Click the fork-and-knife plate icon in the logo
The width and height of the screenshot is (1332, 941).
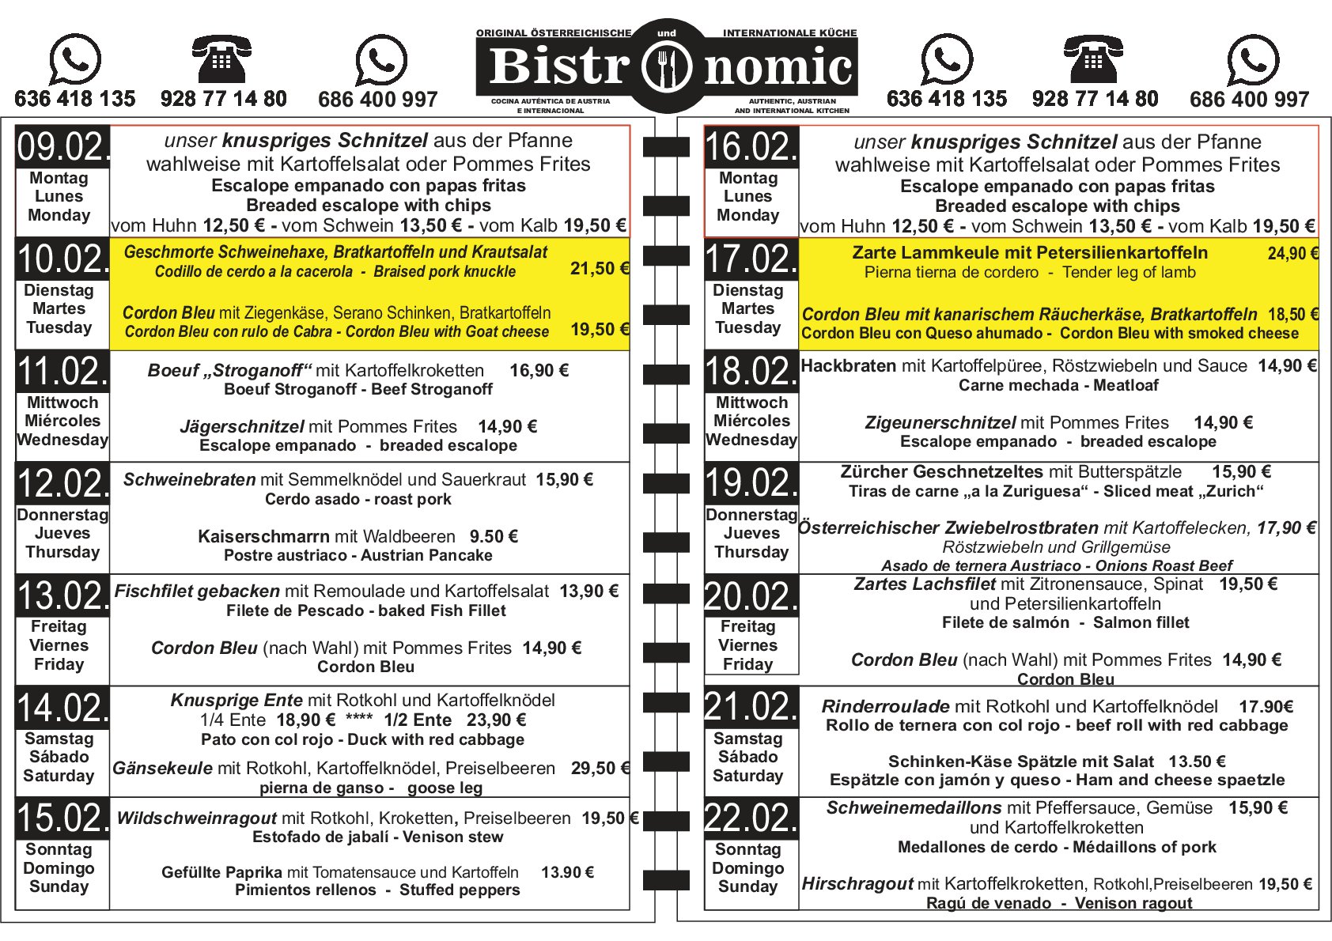pos(667,67)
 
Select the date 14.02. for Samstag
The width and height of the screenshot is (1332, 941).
pos(62,708)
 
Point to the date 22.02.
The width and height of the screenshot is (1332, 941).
pos(751,818)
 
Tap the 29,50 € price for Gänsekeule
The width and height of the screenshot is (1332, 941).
pos(600,768)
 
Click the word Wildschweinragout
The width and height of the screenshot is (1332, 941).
pos(196,818)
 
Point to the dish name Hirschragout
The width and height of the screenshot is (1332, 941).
pos(857,884)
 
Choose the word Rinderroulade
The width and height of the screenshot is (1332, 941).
pos(885,706)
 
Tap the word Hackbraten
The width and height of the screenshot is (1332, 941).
pos(848,366)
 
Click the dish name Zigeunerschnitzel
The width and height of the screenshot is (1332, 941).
pos(940,423)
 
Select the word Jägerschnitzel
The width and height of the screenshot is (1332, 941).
pos(242,427)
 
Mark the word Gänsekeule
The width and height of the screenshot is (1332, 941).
pos(162,768)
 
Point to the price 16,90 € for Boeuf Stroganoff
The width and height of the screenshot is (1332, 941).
pos(539,371)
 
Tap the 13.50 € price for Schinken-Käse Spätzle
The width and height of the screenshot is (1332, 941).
pos(1197,761)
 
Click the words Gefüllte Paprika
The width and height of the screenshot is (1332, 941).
pos(221,872)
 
